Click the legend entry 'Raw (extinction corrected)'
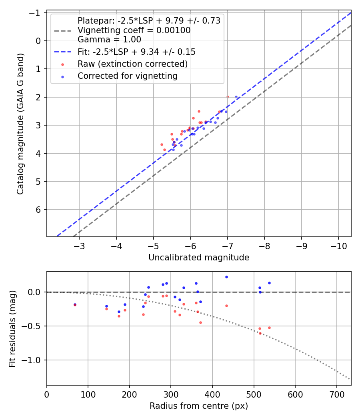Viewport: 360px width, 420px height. (132, 64)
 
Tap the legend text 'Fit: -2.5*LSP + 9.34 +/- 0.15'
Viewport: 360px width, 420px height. (136, 52)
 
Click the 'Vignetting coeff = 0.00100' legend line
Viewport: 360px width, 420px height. (134, 30)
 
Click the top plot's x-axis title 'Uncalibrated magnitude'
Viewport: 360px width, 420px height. (199, 258)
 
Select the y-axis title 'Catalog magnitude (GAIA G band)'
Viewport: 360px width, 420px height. (20, 124)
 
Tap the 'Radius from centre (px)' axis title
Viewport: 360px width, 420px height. (199, 406)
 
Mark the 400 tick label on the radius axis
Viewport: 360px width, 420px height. (212, 394)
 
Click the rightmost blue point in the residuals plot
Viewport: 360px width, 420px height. (269, 283)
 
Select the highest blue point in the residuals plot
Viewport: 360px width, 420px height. (226, 277)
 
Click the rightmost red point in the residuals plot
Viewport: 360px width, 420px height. (269, 328)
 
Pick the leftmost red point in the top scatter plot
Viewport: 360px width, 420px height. (162, 144)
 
